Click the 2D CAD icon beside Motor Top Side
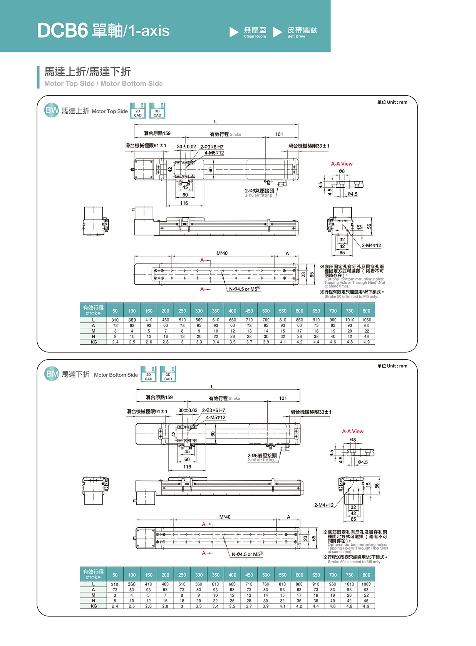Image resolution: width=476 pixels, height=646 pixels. point(137,111)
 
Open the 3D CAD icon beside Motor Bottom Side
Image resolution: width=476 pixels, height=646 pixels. point(168,374)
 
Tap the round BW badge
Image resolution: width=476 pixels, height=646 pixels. point(52,110)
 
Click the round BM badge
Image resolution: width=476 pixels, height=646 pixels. point(52,374)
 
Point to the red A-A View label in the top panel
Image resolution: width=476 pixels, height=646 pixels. point(342,164)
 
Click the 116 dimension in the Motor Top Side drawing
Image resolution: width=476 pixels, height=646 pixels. point(184,203)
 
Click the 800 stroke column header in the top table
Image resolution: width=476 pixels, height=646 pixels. point(366,311)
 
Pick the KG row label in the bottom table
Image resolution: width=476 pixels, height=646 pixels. point(94,606)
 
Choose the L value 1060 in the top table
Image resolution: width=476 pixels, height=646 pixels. point(366,320)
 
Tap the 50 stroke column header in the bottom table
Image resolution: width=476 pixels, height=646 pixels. point(115,575)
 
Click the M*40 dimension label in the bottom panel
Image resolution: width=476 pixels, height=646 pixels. point(225,517)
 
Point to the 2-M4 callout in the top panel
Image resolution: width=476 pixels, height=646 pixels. point(371,246)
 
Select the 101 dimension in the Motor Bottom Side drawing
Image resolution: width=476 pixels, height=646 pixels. point(283,398)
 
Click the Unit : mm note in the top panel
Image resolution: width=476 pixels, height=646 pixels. point(392,102)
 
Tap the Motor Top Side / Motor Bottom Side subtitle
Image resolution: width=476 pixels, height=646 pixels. point(103,84)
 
